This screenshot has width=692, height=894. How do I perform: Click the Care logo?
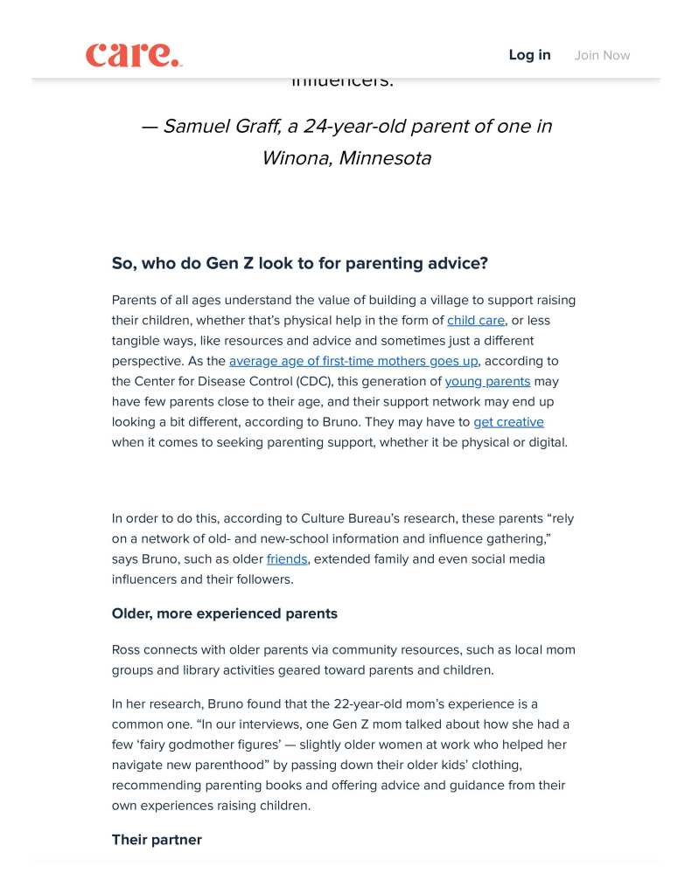(x=134, y=54)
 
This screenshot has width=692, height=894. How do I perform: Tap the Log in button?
(x=529, y=55)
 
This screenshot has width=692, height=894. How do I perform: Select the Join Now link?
(x=602, y=55)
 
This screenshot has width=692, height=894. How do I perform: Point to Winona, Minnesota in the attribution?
(x=346, y=158)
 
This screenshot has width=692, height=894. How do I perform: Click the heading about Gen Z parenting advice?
(x=300, y=263)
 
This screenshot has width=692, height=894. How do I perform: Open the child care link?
(x=475, y=321)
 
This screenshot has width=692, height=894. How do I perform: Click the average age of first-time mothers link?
(x=353, y=361)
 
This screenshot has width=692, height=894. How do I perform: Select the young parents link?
(x=487, y=381)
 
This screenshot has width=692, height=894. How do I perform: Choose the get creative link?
(x=508, y=422)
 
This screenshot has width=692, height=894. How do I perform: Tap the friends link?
(x=287, y=558)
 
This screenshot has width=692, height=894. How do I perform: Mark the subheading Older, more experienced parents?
(x=224, y=613)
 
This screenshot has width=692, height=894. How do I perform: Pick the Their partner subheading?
(x=157, y=840)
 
